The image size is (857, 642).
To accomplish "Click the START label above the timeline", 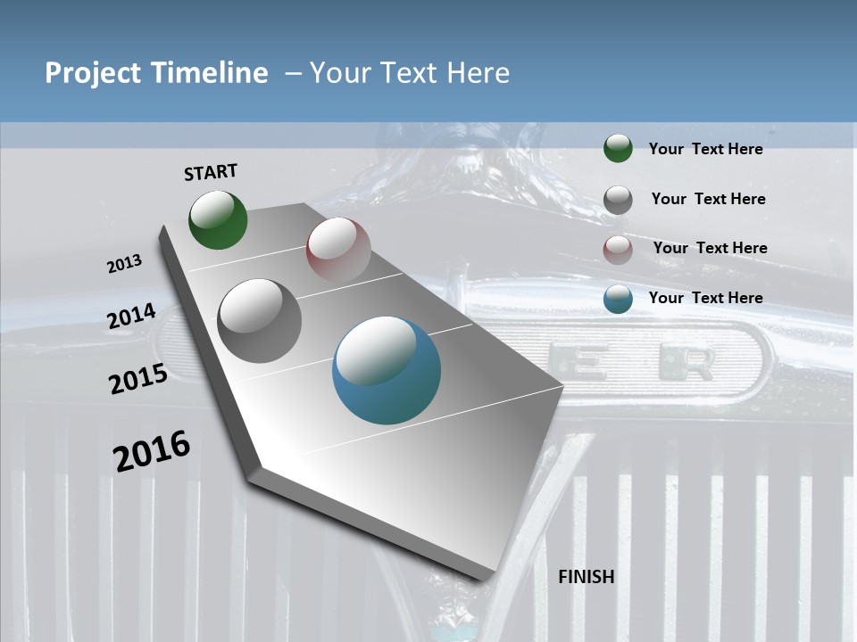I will [x=211, y=172].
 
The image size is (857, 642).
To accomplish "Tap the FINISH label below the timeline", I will [x=587, y=577].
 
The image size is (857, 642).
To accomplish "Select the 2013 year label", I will [x=125, y=264].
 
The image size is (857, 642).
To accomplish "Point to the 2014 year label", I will [x=132, y=317].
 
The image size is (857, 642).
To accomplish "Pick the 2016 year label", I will [x=152, y=450].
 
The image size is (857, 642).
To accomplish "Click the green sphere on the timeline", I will [x=219, y=220].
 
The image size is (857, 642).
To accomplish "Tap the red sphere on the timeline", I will [x=338, y=250].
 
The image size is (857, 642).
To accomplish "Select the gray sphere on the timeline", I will [x=260, y=321].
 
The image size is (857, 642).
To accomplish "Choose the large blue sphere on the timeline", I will [x=387, y=370].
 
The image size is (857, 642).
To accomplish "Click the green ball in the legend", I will [x=618, y=149].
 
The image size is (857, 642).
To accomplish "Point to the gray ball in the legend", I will [x=618, y=200].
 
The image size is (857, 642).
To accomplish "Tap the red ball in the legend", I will [x=618, y=250].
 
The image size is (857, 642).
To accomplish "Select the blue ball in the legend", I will [x=618, y=300].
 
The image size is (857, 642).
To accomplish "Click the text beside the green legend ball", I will [x=705, y=149].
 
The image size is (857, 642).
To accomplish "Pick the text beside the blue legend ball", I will [x=705, y=298].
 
